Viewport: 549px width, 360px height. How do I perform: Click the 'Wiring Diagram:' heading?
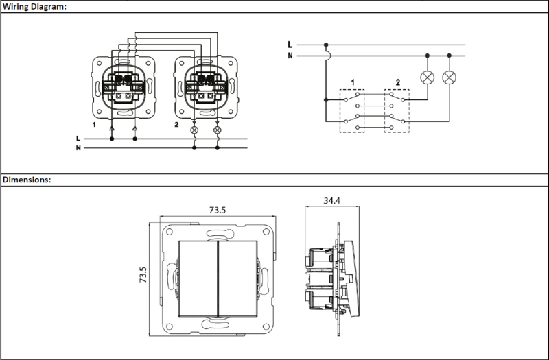[34, 7]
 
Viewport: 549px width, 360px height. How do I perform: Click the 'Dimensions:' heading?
[27, 180]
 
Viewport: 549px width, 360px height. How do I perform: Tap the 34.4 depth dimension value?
[331, 201]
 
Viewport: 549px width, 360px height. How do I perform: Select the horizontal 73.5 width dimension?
[218, 210]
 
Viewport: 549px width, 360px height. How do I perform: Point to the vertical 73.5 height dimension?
[143, 275]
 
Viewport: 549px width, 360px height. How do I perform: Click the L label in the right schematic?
[290, 45]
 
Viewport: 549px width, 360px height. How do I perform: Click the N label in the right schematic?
[290, 56]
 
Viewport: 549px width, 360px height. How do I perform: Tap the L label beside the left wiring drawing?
[78, 139]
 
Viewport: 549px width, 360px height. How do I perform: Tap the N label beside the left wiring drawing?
[78, 148]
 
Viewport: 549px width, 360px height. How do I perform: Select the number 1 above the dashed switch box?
[353, 82]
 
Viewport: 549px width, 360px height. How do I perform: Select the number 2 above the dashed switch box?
[398, 82]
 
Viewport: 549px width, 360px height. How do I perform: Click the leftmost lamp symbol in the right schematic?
[427, 77]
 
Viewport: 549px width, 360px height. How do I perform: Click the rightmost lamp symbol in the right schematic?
[449, 77]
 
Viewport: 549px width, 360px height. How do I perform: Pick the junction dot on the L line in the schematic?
[326, 45]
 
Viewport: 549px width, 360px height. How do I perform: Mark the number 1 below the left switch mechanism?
[94, 125]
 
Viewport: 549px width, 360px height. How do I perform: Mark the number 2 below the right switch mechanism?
[176, 125]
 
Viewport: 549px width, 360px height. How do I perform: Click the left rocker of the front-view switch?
[198, 279]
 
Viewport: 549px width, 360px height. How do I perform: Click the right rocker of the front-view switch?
[238, 279]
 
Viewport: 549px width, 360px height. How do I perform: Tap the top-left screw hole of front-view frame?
[170, 232]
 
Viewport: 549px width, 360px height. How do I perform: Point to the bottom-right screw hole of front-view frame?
[266, 327]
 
